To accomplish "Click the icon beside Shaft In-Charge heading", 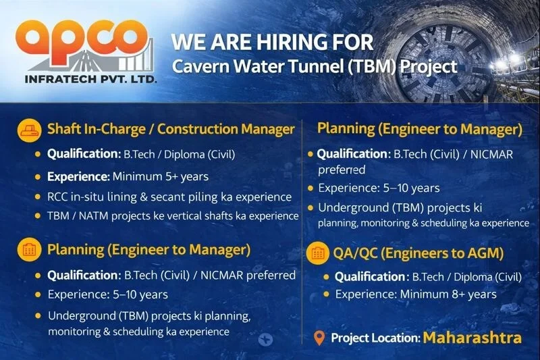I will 27,129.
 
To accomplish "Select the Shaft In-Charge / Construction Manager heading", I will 171,129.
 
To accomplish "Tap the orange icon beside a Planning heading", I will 27,250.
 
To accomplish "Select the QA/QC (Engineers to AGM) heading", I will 419,253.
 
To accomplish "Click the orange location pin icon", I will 319,337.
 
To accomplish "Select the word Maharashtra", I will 472,336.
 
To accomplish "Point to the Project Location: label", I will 375,337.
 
